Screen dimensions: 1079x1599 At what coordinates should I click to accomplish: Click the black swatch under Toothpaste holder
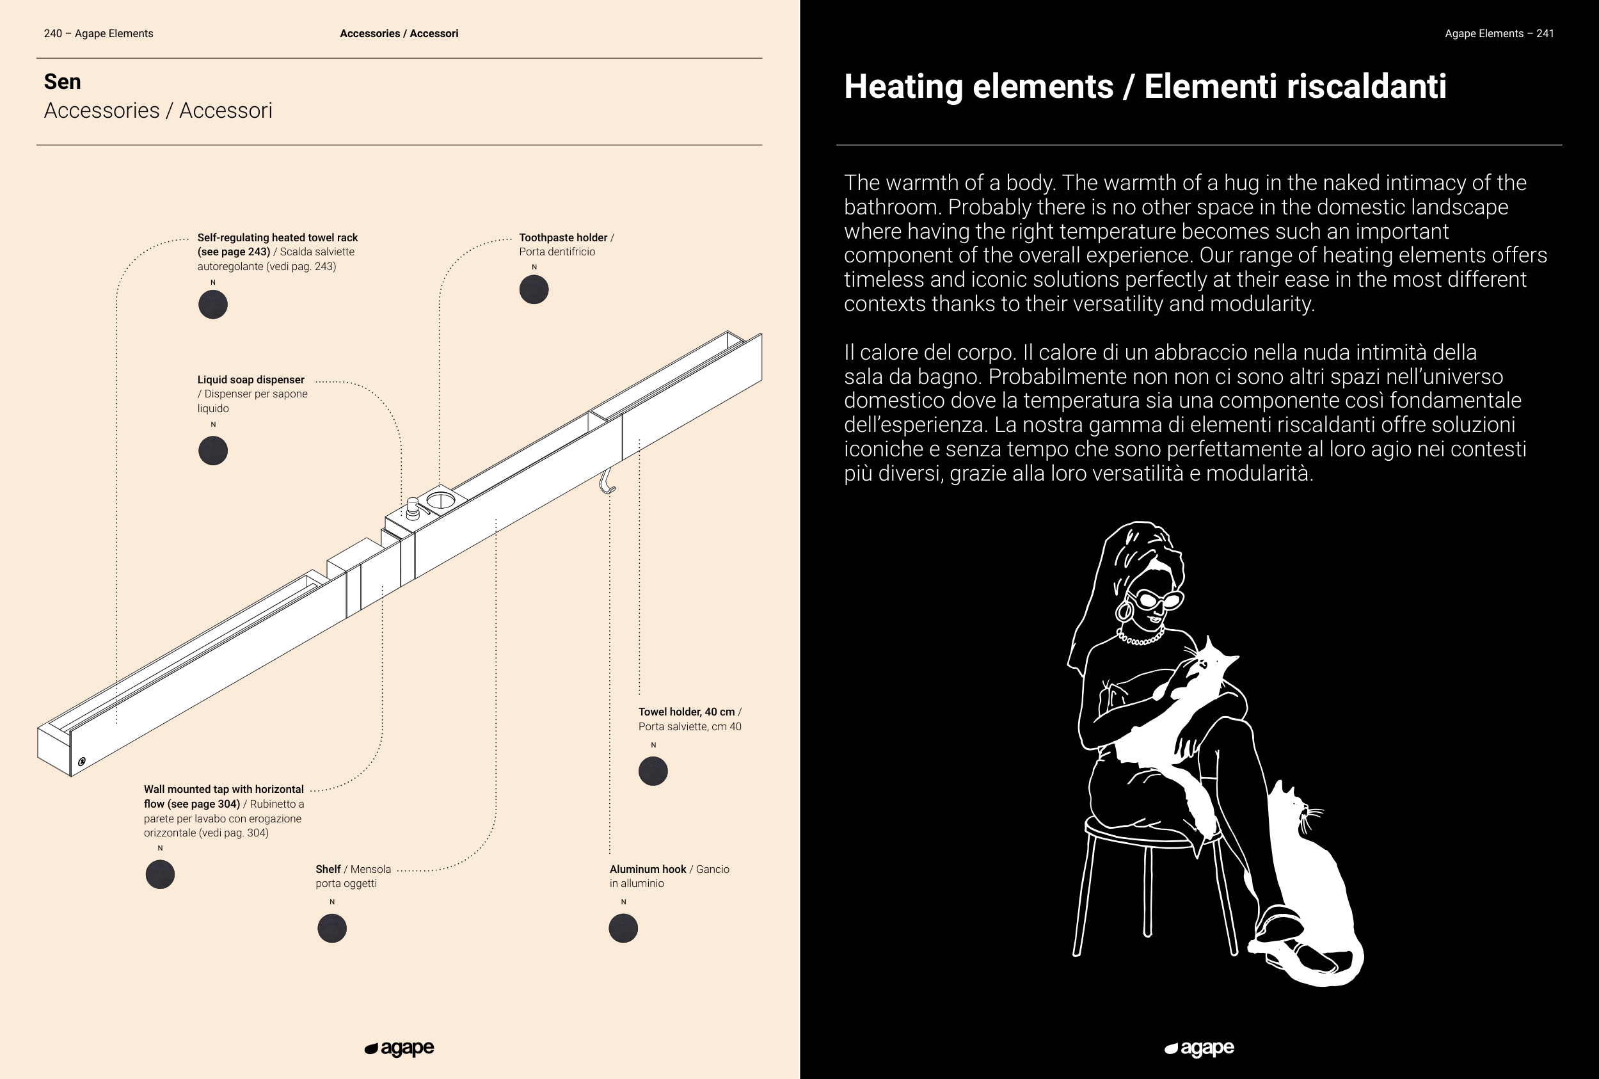tap(534, 290)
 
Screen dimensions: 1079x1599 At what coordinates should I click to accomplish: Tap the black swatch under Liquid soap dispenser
tap(212, 451)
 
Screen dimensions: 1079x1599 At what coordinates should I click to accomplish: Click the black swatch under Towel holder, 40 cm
tap(653, 771)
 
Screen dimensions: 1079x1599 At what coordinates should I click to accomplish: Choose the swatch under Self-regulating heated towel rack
tap(212, 304)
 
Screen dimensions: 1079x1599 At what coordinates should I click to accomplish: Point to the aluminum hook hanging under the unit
tap(606, 482)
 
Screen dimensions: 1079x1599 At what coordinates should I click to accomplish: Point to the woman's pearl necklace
tap(1140, 638)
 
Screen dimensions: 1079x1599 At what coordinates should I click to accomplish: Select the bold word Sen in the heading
tap(63, 82)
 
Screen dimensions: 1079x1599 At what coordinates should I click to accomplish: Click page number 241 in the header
tap(1545, 34)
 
